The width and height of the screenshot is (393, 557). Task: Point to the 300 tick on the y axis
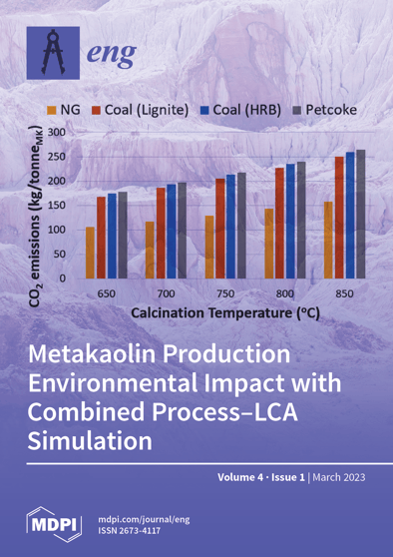pos(57,133)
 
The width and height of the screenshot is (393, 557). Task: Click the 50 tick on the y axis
pos(60,255)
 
